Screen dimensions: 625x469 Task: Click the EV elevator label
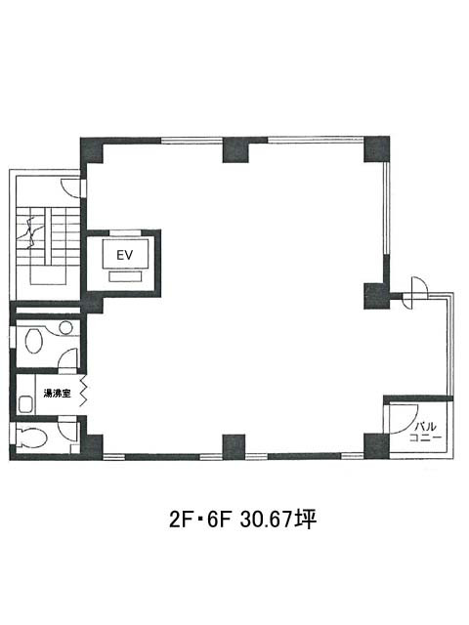click(x=124, y=255)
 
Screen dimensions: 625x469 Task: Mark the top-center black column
click(x=234, y=149)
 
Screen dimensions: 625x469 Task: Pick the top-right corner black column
click(x=376, y=149)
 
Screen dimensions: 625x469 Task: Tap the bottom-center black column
click(x=234, y=447)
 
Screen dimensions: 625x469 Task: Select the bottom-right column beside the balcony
click(x=376, y=445)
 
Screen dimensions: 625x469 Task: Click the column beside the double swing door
click(x=376, y=294)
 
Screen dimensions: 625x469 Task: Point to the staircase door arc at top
click(x=70, y=186)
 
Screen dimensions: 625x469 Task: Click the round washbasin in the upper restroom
click(x=66, y=328)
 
